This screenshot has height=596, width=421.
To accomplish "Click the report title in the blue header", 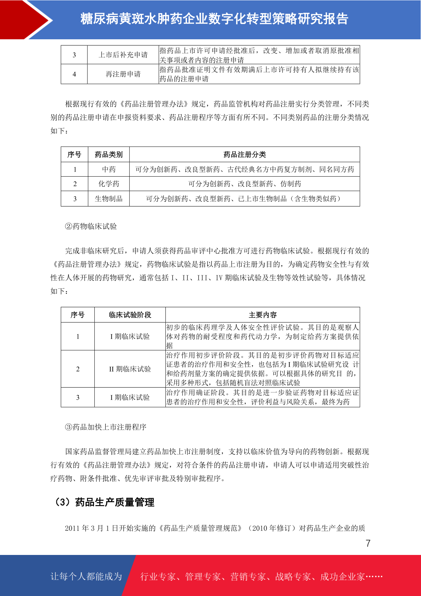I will click(x=214, y=19).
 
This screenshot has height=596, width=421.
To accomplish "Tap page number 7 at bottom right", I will click(x=368, y=543).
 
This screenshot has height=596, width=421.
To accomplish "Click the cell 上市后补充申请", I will click(x=123, y=55).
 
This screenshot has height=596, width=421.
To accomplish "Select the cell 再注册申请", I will click(x=123, y=74).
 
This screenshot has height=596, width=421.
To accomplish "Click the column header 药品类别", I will click(x=109, y=155).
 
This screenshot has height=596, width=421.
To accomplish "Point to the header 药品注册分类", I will click(x=245, y=155).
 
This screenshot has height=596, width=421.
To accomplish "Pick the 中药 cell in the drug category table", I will click(x=109, y=170).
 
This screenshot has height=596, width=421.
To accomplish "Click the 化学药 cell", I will click(x=109, y=184).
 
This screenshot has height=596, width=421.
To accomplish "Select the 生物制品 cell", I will click(x=109, y=199).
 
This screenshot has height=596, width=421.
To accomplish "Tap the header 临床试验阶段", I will click(x=130, y=315).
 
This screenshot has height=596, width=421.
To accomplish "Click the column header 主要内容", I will click(x=263, y=315).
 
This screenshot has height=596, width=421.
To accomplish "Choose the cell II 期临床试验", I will click(x=130, y=369).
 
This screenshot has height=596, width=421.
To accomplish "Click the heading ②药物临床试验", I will click(x=91, y=227).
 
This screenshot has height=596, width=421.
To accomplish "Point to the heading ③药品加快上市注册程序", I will click(x=106, y=427).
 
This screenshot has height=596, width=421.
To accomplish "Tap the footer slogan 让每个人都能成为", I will click(x=86, y=577).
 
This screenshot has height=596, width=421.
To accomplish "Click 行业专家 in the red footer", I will click(x=158, y=577).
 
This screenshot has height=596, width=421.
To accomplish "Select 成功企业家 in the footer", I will click(x=342, y=577).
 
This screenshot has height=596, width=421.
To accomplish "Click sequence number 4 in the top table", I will click(x=74, y=74).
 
